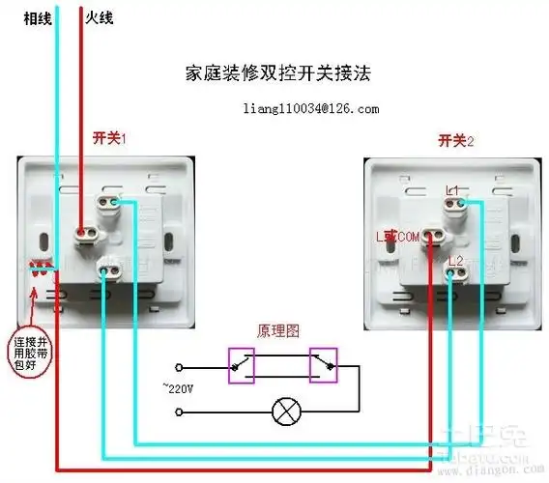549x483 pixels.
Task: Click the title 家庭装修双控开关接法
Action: tap(278, 73)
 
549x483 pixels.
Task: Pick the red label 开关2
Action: tap(456, 141)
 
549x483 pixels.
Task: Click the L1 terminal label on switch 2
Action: tap(455, 188)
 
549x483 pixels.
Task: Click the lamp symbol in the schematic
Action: tap(285, 412)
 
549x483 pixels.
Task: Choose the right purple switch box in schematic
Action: tap(324, 364)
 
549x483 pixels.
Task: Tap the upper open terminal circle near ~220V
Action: tap(179, 367)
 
